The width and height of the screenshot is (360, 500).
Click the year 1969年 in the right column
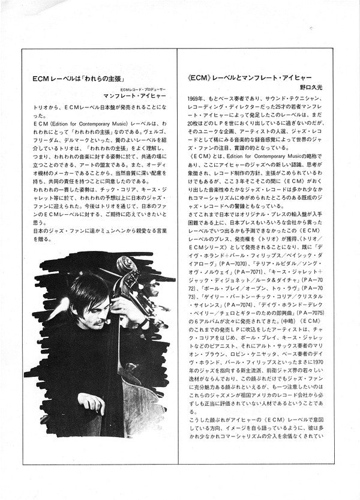pos(196,97)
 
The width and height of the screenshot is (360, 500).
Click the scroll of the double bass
pos(125,265)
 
